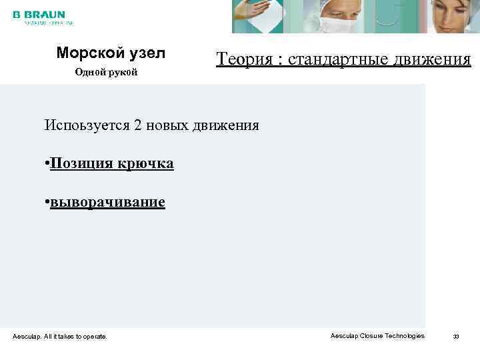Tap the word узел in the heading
pos(149,53)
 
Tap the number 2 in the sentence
pos(138,125)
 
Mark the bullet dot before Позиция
pos(47,164)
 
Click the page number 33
pos(457,336)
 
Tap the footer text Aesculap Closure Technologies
pos(377,335)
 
